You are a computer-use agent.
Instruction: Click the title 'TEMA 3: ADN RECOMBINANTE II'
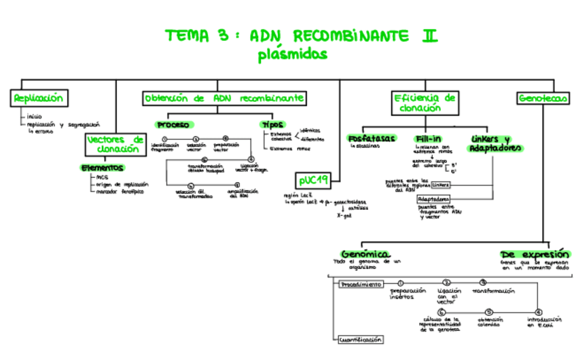click(302, 35)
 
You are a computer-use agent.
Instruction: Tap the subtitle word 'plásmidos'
click(292, 54)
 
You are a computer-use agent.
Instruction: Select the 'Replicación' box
click(39, 98)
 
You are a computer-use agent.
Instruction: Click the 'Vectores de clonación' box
click(115, 143)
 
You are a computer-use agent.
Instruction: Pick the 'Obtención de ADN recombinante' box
click(223, 98)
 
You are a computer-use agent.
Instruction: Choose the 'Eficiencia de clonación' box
click(425, 103)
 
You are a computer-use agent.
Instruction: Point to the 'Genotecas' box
click(543, 98)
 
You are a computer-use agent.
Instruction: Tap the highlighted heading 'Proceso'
click(174, 125)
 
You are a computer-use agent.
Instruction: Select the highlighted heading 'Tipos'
click(274, 124)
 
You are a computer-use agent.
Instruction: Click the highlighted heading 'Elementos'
click(102, 167)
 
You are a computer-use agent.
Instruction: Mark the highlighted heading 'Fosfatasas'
click(371, 139)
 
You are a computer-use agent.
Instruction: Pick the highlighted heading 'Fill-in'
click(429, 139)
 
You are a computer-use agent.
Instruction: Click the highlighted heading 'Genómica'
click(365, 252)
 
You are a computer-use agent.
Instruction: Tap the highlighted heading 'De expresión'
click(534, 252)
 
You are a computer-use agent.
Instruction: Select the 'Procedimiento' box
click(360, 284)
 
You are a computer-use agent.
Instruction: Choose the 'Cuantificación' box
click(360, 339)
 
